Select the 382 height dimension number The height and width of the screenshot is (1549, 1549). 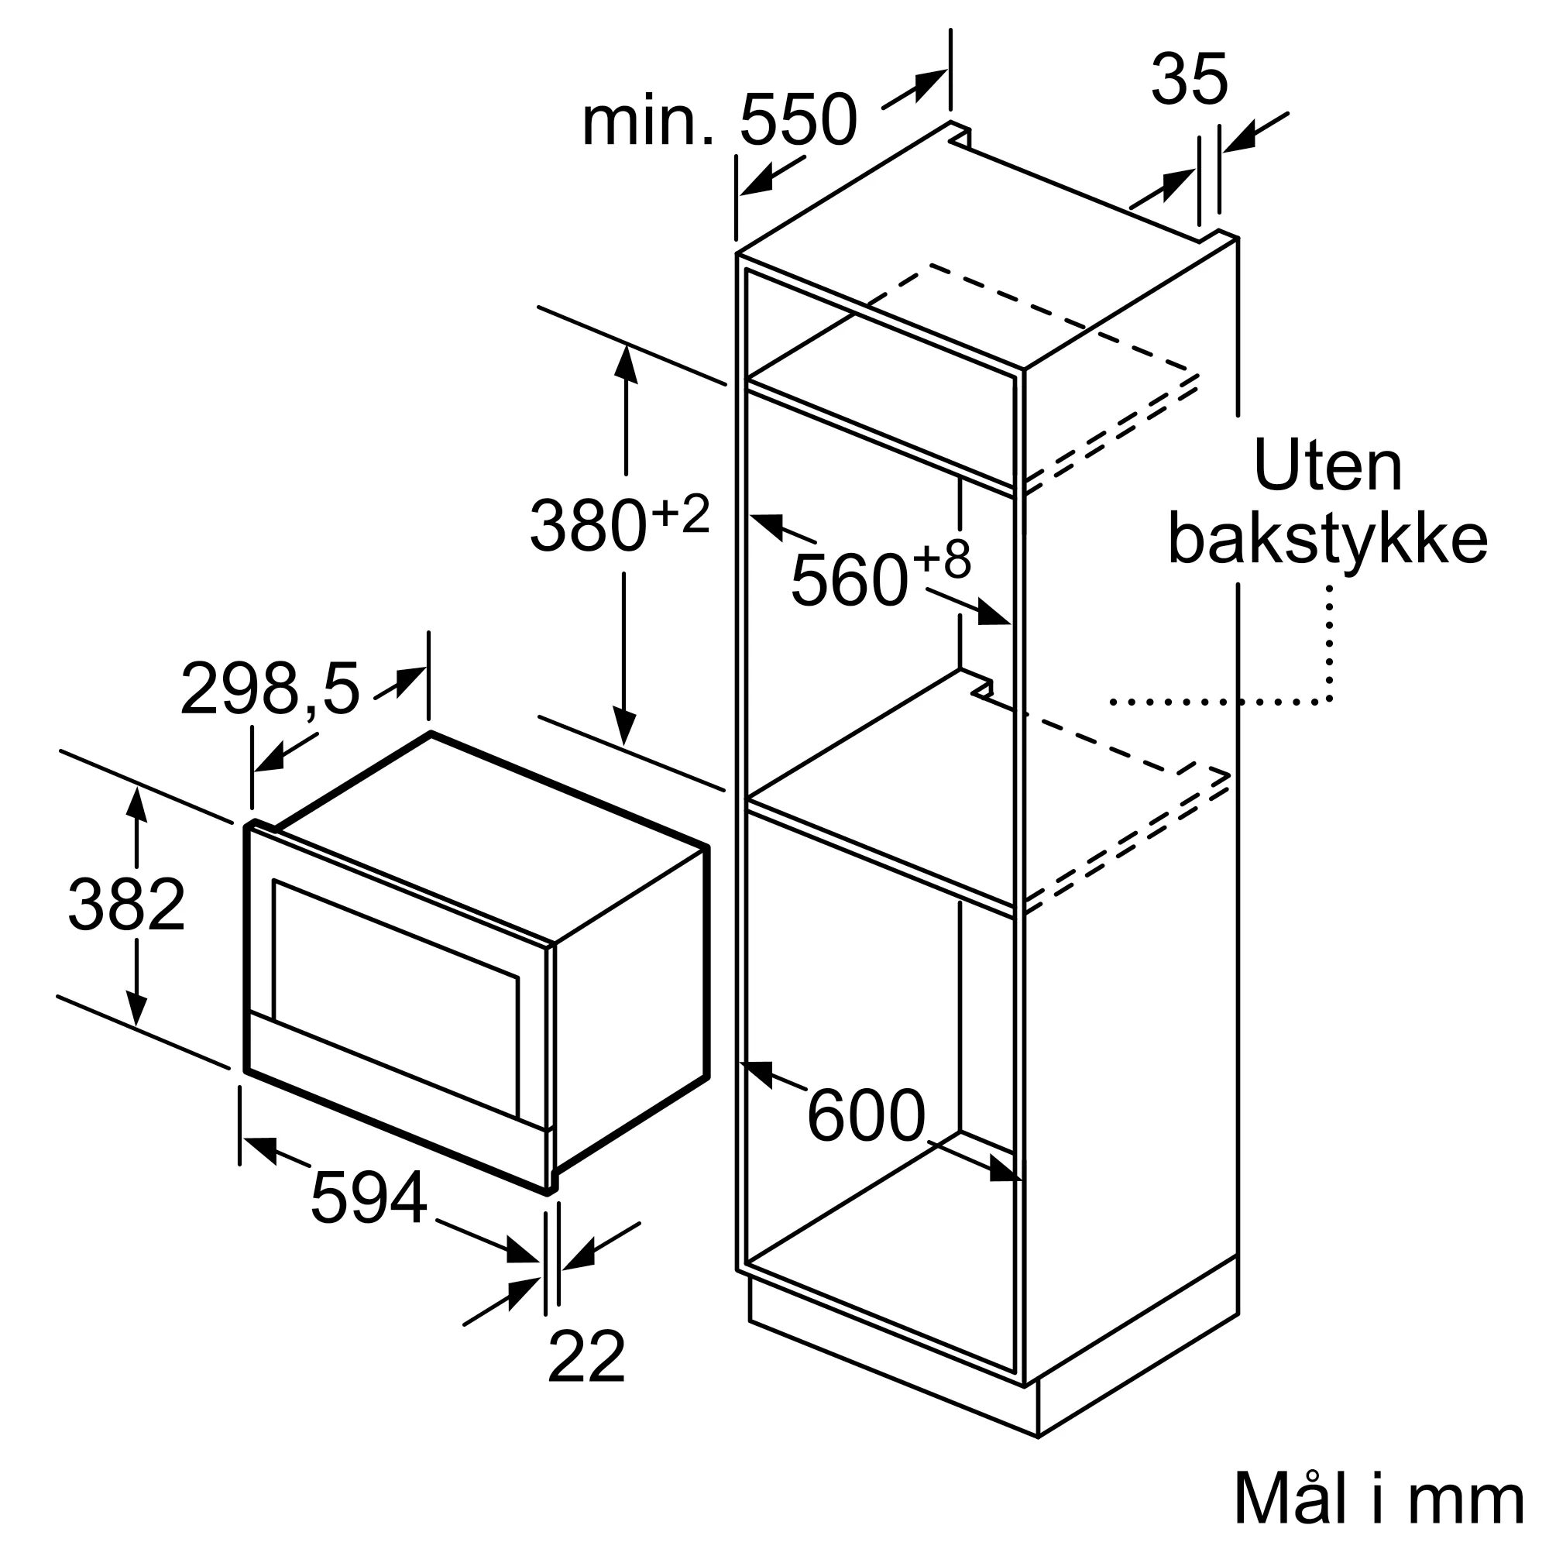[x=127, y=904]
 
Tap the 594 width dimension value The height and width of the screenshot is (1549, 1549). [x=368, y=1198]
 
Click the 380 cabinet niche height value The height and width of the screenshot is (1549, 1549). [x=588, y=525]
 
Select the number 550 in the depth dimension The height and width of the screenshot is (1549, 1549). [x=798, y=120]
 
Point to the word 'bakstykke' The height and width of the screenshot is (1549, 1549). [x=1327, y=539]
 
